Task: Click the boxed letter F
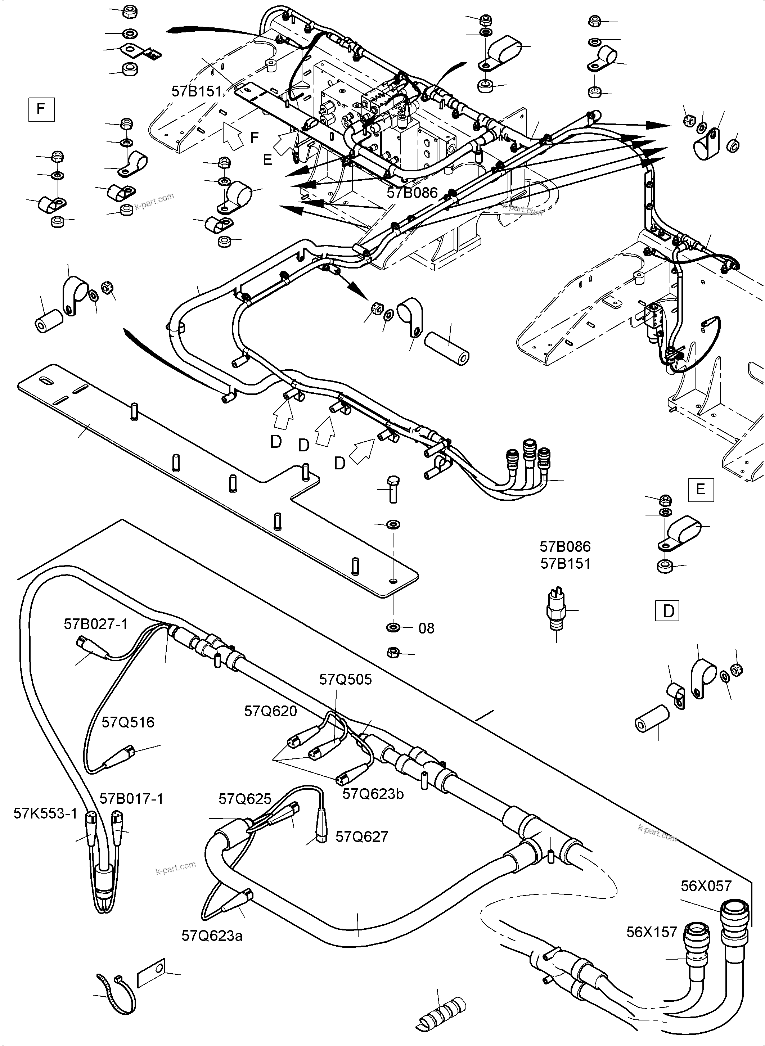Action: click(x=41, y=109)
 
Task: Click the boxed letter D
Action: click(x=668, y=611)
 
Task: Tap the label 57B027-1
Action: click(x=95, y=624)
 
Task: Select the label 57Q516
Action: click(x=128, y=722)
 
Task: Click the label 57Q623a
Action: click(x=212, y=936)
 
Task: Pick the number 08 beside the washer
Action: click(x=426, y=628)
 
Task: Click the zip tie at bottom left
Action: click(x=116, y=991)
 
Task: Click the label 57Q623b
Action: click(x=373, y=794)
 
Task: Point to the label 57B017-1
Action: click(x=131, y=799)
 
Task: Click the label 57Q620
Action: click(x=270, y=711)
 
